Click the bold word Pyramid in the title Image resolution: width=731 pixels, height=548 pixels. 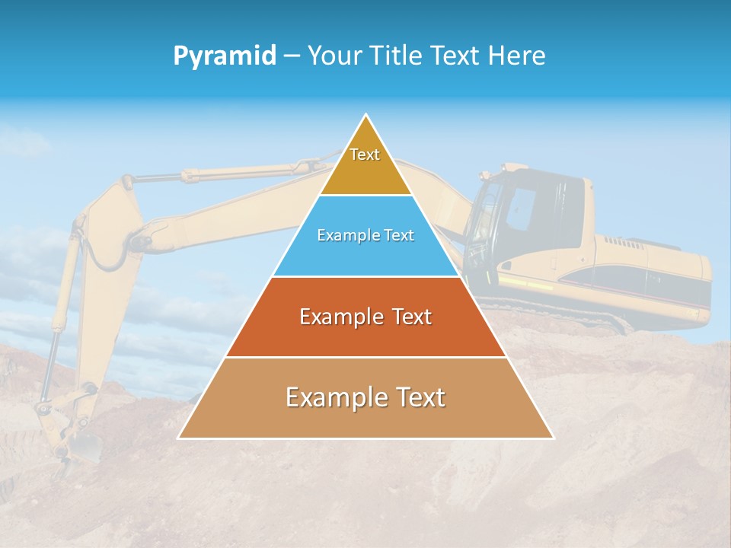pyautogui.click(x=225, y=56)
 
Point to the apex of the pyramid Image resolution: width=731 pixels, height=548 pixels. pyautogui.click(x=366, y=116)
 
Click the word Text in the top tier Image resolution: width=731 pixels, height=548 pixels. pyautogui.click(x=365, y=155)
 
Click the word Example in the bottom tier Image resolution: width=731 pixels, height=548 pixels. pyautogui.click(x=332, y=397)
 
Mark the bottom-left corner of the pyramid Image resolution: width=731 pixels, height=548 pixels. pyautogui.click(x=178, y=438)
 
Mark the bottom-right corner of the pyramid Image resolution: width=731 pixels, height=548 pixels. pyautogui.click(x=554, y=438)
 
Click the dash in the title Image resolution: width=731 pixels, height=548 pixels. pyautogui.click(x=292, y=56)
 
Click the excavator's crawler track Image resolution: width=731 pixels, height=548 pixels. pyautogui.click(x=579, y=312)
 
